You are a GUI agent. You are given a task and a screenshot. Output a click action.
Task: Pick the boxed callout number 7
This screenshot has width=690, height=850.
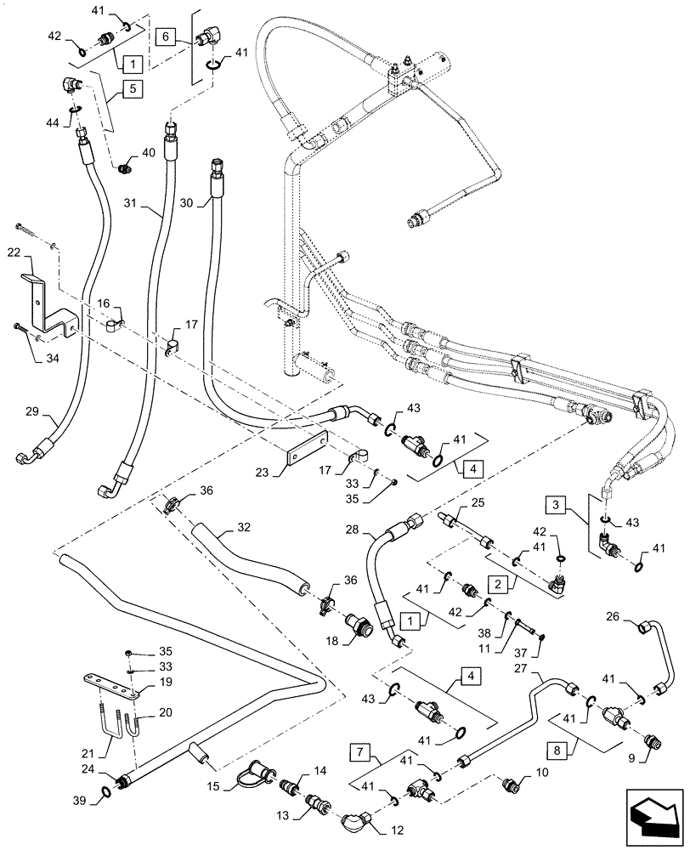click(x=361, y=751)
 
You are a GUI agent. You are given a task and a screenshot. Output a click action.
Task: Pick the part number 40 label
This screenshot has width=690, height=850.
click(x=150, y=154)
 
